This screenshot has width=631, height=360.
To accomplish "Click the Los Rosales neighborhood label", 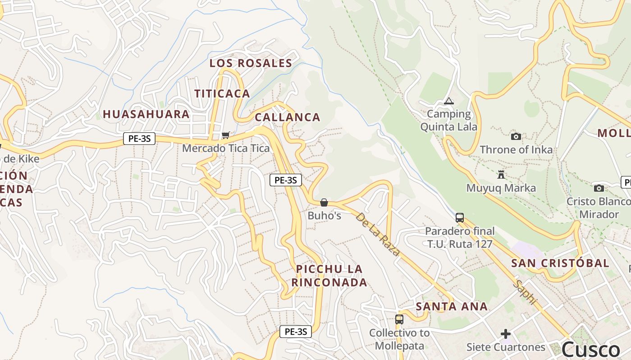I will [x=251, y=63].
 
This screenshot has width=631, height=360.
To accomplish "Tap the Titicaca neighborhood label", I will [x=222, y=94].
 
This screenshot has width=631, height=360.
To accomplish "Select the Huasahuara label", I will [x=146, y=114].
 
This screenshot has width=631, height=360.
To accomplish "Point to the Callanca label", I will [x=287, y=117].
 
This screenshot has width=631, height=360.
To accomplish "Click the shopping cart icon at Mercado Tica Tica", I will [x=226, y=135].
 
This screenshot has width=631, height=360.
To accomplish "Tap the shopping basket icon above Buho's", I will [x=324, y=202].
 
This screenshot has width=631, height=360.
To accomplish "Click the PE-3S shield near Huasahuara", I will [x=139, y=139].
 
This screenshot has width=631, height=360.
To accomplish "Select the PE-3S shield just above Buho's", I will [x=285, y=180].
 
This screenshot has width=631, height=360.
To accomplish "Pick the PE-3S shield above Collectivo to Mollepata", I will [x=296, y=332].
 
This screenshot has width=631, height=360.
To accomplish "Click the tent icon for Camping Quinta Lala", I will [x=448, y=101].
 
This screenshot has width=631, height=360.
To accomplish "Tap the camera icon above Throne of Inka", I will [x=516, y=136].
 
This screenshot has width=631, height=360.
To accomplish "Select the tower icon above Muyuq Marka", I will [x=501, y=175].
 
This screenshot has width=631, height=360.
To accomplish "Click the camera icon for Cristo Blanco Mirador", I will [x=599, y=188].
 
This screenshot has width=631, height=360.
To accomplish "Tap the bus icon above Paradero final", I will [x=460, y=218].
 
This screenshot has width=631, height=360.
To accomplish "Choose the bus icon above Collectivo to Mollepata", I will [x=399, y=319].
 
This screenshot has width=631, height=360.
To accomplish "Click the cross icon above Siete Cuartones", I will [x=506, y=334].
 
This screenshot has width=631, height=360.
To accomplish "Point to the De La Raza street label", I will [x=377, y=234].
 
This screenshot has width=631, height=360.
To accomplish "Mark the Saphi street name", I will [x=526, y=292].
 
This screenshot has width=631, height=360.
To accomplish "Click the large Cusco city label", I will [x=590, y=349].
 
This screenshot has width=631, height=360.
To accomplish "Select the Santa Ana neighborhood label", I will [x=451, y=306].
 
